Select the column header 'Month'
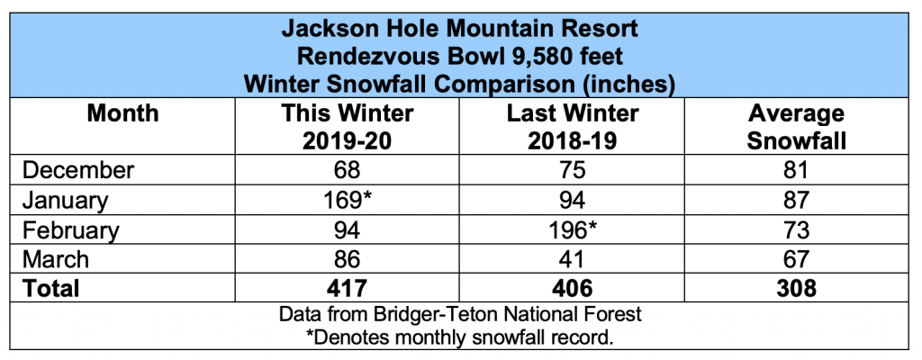tap(122, 114)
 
